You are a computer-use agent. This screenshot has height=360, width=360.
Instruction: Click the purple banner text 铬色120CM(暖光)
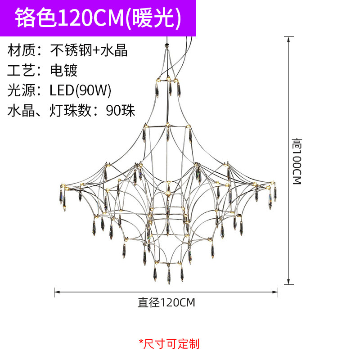point(98,18)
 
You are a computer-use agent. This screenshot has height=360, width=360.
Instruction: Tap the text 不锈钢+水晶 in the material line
point(89,50)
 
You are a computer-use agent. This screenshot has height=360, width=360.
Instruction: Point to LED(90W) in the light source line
point(80,90)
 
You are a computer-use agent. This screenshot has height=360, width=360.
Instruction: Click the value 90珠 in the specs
point(121,110)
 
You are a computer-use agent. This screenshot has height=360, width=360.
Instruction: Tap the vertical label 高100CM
point(296,161)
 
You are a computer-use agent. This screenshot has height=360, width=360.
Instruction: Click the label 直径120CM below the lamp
point(166,302)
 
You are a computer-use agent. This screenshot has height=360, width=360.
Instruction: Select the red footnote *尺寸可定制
point(169,344)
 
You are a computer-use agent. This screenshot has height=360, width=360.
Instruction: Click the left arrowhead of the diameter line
point(56,292)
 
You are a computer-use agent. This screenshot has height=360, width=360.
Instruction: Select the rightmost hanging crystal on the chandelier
point(274,193)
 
